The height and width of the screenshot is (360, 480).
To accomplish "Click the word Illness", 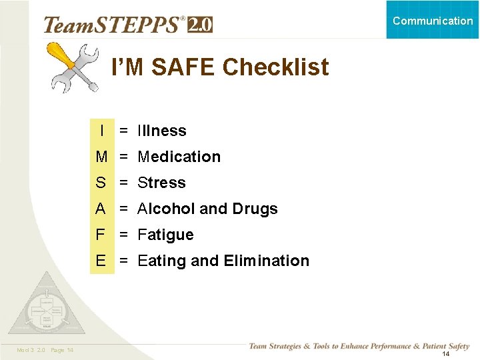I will click(x=162, y=131).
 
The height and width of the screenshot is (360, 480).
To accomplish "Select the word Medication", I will click(x=179, y=157).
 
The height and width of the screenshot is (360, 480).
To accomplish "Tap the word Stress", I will click(x=161, y=183).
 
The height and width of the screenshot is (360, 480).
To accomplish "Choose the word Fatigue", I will click(x=165, y=235).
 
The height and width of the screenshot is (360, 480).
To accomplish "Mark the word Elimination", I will click(x=267, y=261).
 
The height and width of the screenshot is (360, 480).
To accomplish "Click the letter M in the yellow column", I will click(x=101, y=157).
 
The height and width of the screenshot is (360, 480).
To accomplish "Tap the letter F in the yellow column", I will click(x=101, y=235).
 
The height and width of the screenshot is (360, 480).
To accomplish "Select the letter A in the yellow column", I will click(x=101, y=209).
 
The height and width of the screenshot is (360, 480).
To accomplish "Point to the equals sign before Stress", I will click(x=124, y=183).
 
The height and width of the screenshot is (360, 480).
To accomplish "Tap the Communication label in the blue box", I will click(x=433, y=21).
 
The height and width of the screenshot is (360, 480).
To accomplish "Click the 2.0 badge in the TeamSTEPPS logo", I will click(x=199, y=25).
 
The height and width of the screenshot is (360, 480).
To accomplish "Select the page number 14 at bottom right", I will click(x=446, y=354).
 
